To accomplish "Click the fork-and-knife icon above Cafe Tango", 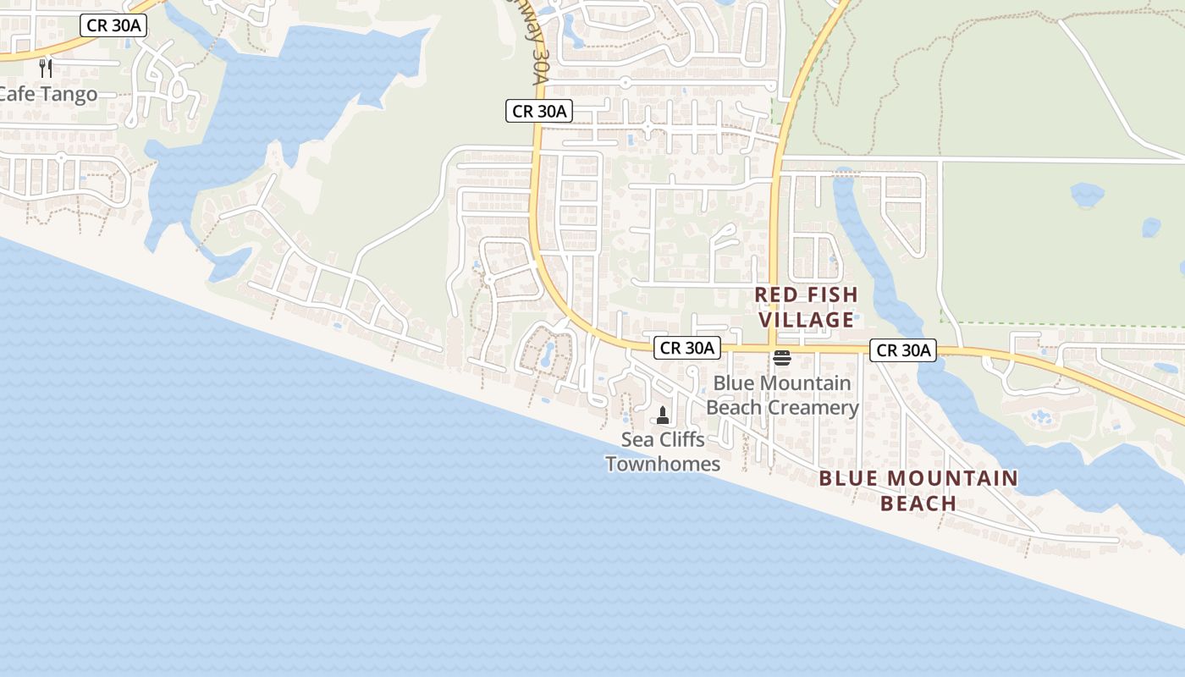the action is tap(46, 68).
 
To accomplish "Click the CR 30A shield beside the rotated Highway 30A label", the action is tap(540, 111).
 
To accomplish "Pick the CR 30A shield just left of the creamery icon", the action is tap(687, 348).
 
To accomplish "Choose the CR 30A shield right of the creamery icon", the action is tap(904, 350).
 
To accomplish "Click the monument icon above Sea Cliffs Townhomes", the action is tap(663, 416).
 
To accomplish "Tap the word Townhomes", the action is tap(663, 464).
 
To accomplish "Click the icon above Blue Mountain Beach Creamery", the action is tap(781, 359).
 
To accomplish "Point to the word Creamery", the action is tap(816, 408).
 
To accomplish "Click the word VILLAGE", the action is tap(806, 320).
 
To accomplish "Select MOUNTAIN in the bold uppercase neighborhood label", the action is tap(953, 478).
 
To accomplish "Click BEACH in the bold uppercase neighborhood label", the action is tap(918, 504).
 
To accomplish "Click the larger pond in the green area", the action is tap(1087, 195).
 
